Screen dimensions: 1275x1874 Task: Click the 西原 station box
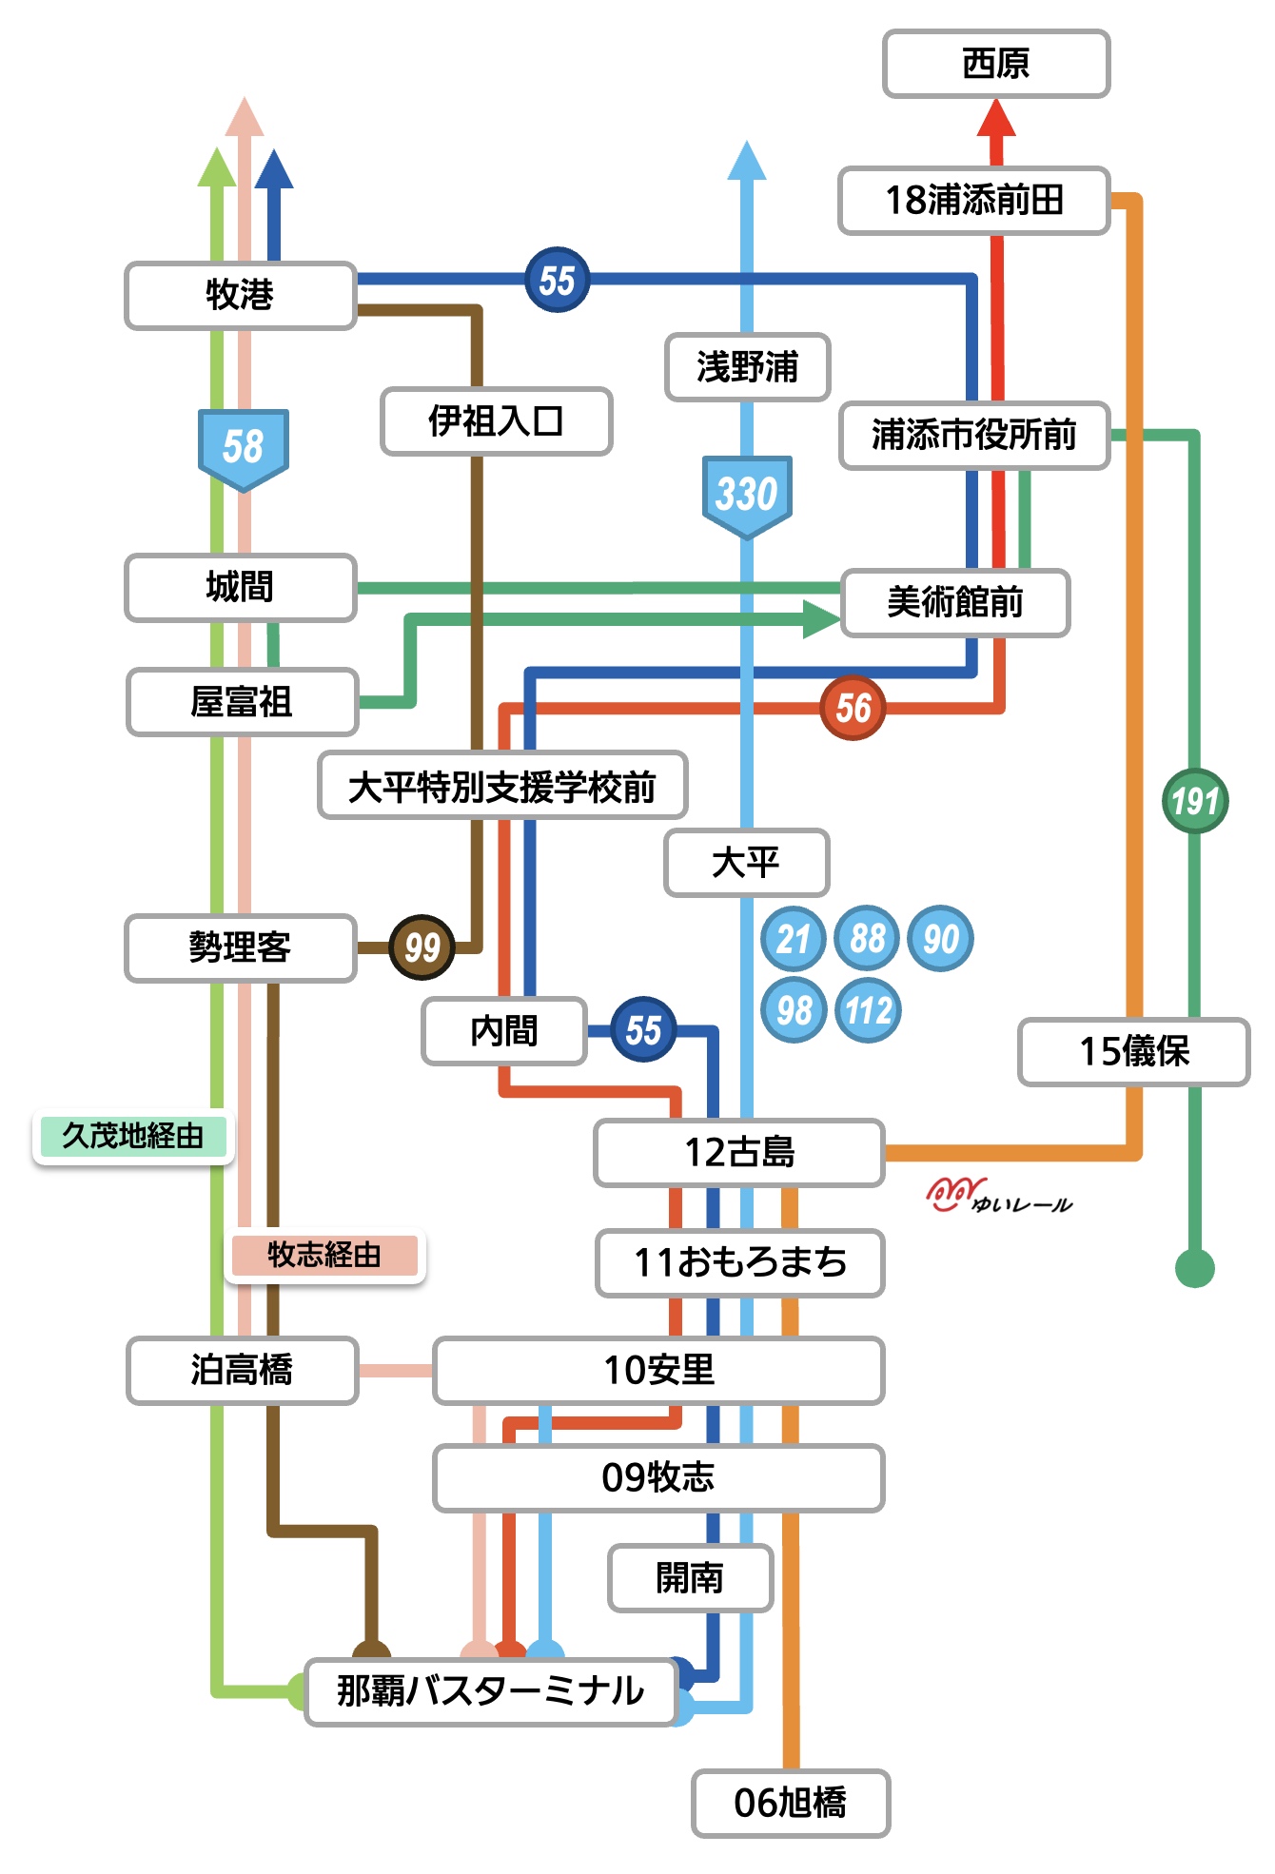(996, 64)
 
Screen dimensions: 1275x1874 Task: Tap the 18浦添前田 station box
(974, 201)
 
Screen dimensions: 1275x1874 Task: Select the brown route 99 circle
(422, 947)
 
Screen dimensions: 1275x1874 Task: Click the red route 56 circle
(853, 708)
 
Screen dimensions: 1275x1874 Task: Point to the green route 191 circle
(1195, 801)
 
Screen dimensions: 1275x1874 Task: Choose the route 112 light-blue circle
(868, 1009)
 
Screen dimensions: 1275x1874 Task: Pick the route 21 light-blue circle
(794, 939)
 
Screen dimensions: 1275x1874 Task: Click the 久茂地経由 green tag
(132, 1136)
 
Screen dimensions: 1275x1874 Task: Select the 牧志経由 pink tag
(324, 1255)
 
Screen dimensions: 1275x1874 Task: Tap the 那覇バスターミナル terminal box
(491, 1691)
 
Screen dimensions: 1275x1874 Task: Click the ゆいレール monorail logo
(999, 1196)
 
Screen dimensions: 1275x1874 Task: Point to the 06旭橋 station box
(791, 1803)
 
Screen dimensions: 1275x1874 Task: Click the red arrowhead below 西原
(997, 118)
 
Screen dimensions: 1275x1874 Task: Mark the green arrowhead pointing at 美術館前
(821, 619)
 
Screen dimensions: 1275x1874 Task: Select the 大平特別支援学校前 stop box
(502, 786)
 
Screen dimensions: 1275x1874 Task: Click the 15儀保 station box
(1134, 1052)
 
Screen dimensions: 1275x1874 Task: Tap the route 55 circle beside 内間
(643, 1030)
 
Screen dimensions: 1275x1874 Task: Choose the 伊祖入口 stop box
(496, 420)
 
